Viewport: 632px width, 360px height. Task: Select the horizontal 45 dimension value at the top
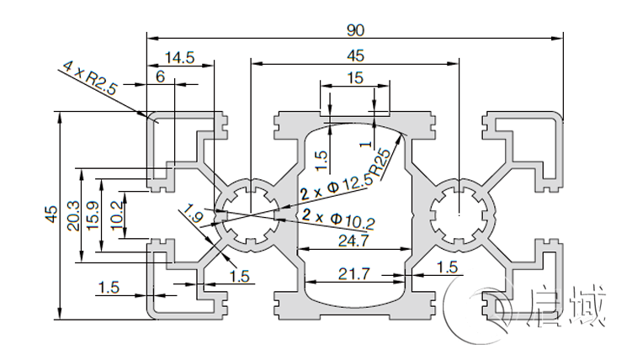tap(355, 56)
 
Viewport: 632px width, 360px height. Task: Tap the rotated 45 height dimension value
tap(51, 215)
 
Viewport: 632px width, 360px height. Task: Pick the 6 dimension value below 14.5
tap(160, 76)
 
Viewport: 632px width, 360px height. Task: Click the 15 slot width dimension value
tap(354, 78)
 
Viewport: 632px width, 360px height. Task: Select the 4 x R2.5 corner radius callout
tap(88, 78)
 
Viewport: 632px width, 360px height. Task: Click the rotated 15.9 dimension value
tap(94, 215)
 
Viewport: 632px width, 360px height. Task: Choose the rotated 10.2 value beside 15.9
tap(116, 215)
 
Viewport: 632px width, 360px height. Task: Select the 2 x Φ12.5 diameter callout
tap(337, 190)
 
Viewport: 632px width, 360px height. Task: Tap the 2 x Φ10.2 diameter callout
tap(339, 220)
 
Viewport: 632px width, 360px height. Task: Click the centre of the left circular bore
tap(251, 214)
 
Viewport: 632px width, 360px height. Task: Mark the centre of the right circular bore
tap(459, 214)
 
